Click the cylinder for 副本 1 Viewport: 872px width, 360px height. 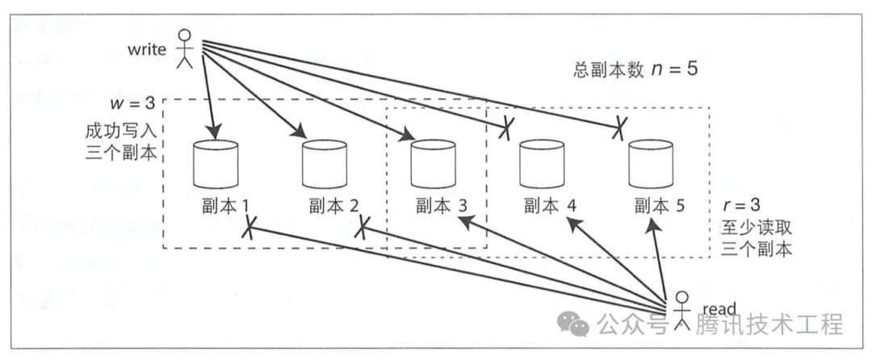[x=216, y=165]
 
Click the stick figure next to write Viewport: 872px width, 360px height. [x=186, y=48]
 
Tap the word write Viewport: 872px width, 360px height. [x=145, y=49]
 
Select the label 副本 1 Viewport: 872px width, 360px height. [x=220, y=207]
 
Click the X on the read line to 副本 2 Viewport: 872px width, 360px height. [x=361, y=227]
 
